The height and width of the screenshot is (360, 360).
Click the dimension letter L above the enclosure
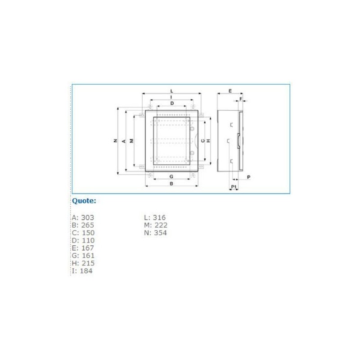coord(171,91)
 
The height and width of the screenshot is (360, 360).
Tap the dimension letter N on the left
coord(115,141)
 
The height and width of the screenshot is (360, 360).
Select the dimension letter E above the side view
coord(230,91)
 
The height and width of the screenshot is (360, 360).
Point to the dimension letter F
coord(241,99)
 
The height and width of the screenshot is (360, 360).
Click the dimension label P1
coord(234,186)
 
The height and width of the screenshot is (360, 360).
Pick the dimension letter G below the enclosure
coord(171,176)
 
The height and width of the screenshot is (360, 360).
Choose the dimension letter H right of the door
coord(208,141)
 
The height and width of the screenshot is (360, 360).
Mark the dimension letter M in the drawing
coord(131,141)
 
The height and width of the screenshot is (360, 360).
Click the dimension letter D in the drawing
coord(172,103)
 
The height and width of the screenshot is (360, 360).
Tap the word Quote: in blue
coord(84,201)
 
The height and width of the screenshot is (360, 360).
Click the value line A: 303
coord(83,218)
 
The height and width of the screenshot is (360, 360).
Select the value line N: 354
coord(155,233)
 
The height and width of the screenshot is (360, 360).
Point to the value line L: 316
coord(155,218)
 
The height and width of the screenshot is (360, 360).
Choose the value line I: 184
coord(82,271)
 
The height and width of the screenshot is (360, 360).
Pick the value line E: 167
coord(83,248)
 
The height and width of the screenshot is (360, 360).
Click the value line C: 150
coord(83,233)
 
